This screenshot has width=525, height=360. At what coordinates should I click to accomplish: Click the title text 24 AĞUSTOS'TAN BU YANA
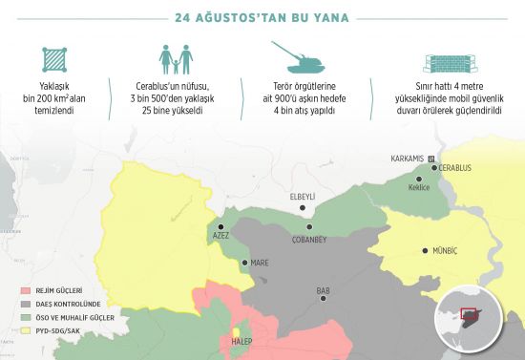pos(262,17)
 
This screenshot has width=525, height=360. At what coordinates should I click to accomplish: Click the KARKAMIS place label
pos(407,158)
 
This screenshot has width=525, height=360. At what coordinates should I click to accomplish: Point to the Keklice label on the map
pos(419,187)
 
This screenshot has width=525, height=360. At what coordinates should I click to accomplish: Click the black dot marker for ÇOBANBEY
pos(309,227)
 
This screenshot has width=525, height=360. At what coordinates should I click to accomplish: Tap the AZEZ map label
pos(221,236)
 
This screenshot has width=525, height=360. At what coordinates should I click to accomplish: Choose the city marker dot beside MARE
pos(244,263)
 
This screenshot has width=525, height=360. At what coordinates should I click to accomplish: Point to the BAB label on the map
pos(324,290)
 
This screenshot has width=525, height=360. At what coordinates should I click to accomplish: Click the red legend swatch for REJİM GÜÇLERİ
pos(25,288)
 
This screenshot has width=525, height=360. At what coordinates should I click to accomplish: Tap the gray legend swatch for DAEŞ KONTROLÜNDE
pos(25,303)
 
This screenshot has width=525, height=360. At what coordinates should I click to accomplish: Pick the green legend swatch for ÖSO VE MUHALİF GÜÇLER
pos(25,317)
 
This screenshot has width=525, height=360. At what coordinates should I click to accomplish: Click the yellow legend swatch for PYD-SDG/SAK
pos(25,331)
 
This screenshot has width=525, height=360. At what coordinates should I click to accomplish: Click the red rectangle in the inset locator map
pos(469,311)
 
